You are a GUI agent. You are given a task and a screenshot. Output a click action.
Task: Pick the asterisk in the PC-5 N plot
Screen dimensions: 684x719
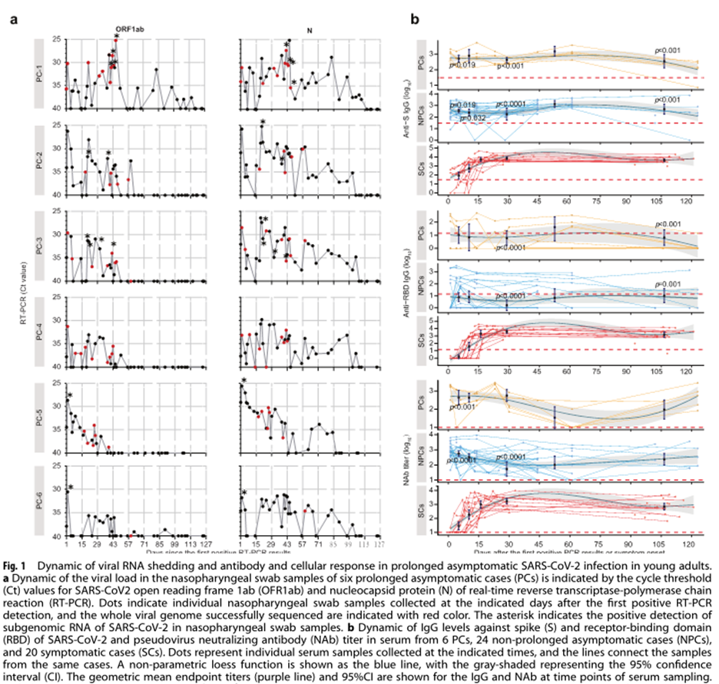(x=244, y=382)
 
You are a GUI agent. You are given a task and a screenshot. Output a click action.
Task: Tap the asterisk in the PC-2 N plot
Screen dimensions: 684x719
(x=263, y=124)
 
